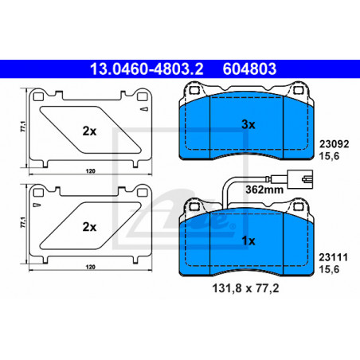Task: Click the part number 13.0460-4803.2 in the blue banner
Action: pyautogui.click(x=147, y=68)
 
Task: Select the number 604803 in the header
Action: pyautogui.click(x=249, y=68)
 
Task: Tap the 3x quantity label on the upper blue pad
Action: pyautogui.click(x=248, y=124)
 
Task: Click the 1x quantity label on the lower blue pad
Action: pyautogui.click(x=248, y=241)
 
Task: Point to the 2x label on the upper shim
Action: pyautogui.click(x=89, y=131)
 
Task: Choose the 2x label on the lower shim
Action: pyautogui.click(x=89, y=227)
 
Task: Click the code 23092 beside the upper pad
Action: pyautogui.click(x=334, y=144)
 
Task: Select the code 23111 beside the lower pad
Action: pyautogui.click(x=333, y=257)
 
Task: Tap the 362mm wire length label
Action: pyautogui.click(x=264, y=190)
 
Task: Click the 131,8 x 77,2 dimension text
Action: pyautogui.click(x=245, y=288)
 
